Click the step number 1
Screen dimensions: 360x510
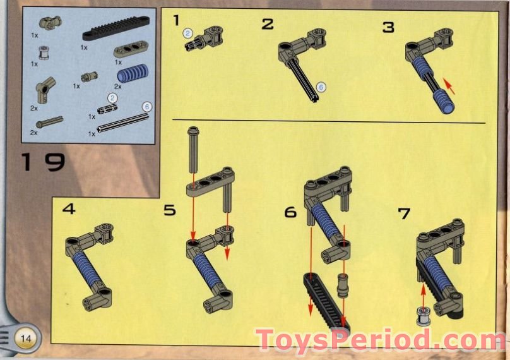pos(177,21)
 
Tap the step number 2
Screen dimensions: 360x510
pos(268,25)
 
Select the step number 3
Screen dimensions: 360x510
pos(388,27)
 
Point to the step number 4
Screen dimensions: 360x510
pos(68,208)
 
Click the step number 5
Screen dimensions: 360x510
pos(169,210)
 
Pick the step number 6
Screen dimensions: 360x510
pos(290,212)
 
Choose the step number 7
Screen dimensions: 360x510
pos(404,213)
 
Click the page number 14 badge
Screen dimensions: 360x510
pos(27,338)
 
